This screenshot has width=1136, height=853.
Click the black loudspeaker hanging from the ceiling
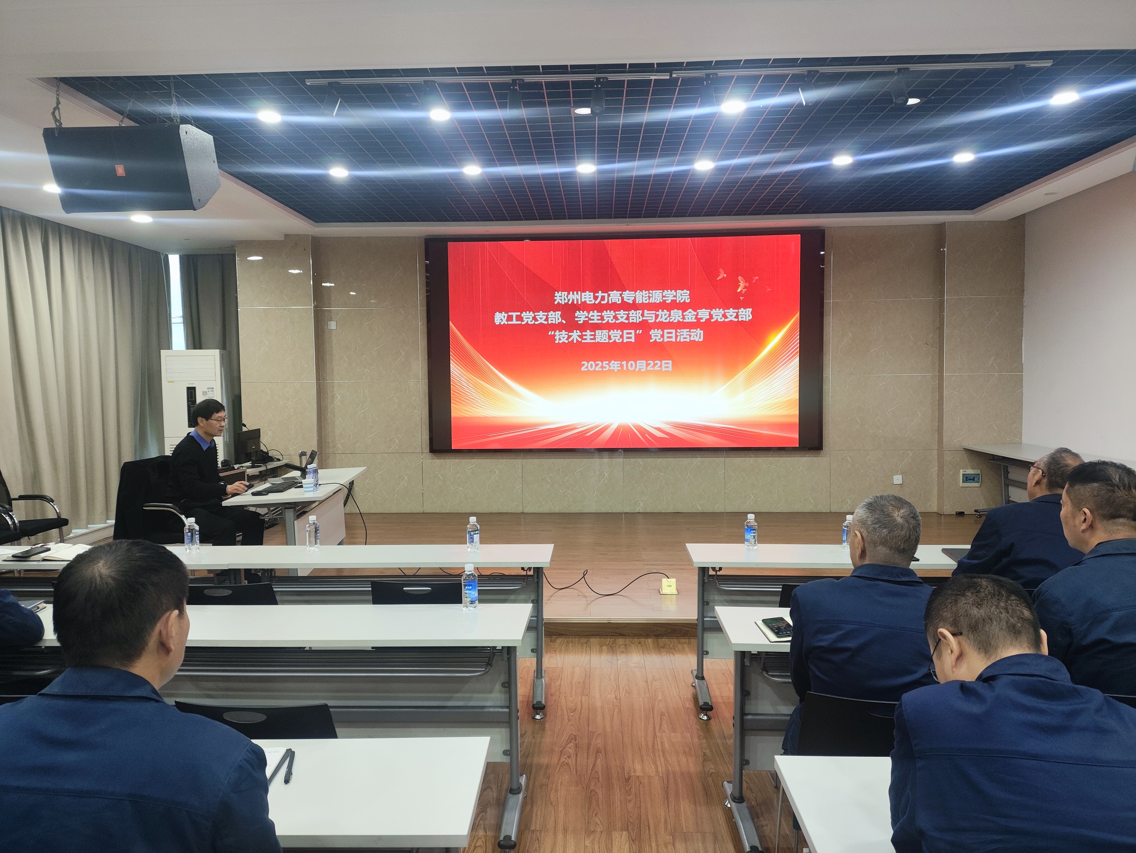(x=131, y=168)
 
